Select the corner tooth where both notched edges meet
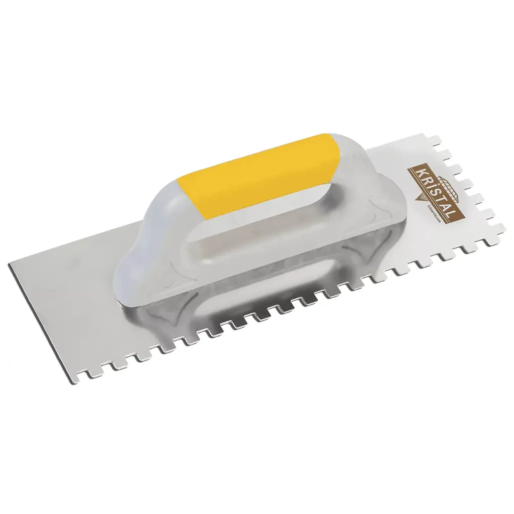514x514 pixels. click(499, 228)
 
